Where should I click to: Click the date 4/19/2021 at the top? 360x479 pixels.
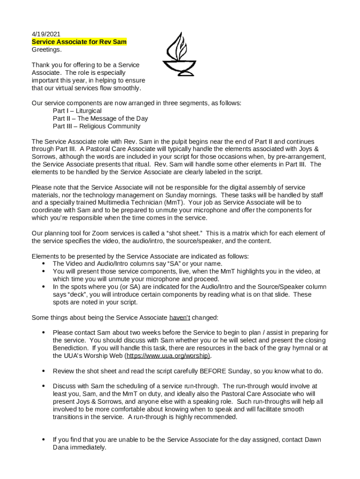coord(46,34)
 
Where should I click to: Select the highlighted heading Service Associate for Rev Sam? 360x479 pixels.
coord(79,42)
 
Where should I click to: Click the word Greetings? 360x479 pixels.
coord(47,50)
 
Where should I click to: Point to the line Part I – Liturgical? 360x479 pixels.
coord(77,111)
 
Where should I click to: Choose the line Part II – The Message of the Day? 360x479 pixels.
coord(100,118)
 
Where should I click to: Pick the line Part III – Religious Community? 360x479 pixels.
coord(96,126)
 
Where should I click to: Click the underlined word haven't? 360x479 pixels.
coord(179,318)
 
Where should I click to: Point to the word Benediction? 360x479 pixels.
coord(70,348)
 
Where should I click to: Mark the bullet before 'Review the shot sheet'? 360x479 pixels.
coord(43,371)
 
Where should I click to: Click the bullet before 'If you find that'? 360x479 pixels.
coord(43,440)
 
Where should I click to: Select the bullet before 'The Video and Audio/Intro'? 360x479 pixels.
coord(43,264)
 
